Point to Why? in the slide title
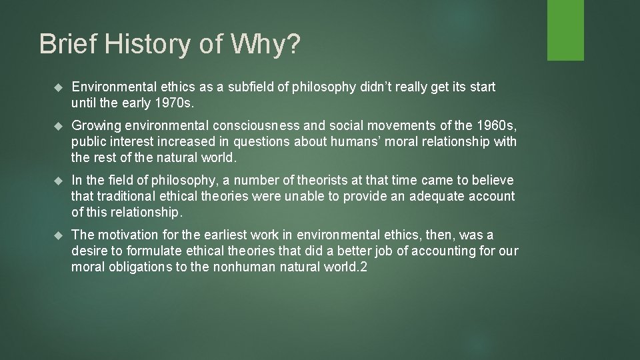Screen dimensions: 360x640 (x=264, y=45)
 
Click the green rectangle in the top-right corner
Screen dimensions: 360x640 (x=565, y=30)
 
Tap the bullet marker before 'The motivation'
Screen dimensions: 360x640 (x=57, y=235)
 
